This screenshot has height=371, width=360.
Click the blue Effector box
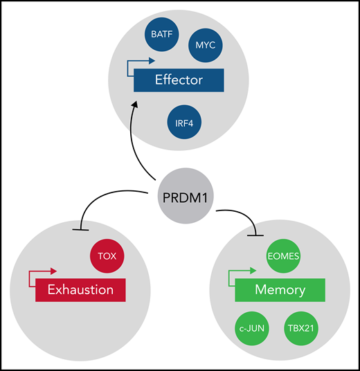point(179,80)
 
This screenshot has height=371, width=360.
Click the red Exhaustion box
point(80,289)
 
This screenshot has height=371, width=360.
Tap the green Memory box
point(280,290)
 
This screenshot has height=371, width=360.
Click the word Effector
point(179,80)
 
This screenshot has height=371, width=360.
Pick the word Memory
point(280,290)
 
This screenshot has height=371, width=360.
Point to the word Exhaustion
point(80,289)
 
